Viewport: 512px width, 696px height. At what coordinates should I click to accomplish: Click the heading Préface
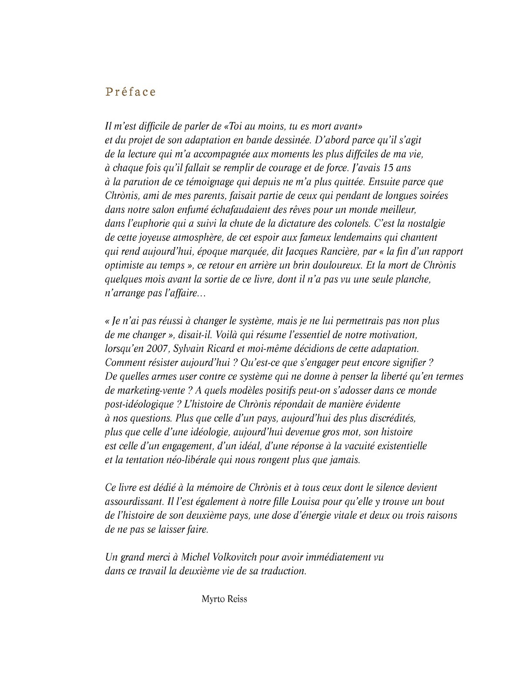pyautogui.click(x=131, y=92)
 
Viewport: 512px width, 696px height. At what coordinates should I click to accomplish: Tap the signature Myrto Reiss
pyautogui.click(x=224, y=599)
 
